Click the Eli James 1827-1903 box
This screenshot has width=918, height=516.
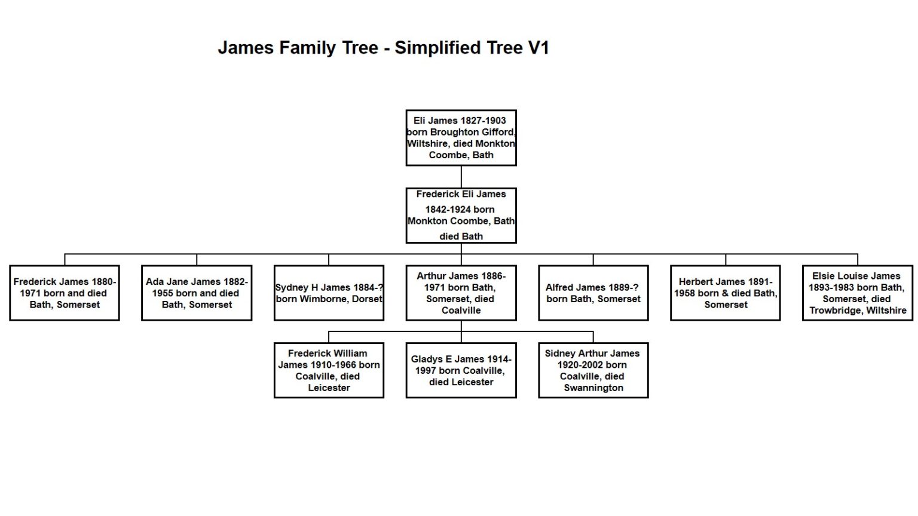461,138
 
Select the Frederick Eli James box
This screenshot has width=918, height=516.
461,216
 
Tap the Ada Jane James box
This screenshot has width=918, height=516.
197,293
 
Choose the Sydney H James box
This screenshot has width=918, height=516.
329,293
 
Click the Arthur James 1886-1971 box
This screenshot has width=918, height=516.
461,293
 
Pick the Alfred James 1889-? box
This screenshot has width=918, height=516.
593,293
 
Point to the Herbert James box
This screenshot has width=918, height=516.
725,293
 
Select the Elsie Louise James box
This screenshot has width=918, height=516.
857,293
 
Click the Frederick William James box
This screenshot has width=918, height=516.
329,370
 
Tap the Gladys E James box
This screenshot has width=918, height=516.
461,370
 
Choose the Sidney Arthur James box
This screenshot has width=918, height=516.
593,370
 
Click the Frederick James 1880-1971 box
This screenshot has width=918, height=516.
65,293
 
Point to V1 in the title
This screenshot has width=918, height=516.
538,48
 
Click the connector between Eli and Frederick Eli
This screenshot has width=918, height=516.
461,177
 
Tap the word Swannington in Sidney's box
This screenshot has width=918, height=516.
593,388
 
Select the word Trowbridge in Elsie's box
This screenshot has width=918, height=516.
834,311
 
